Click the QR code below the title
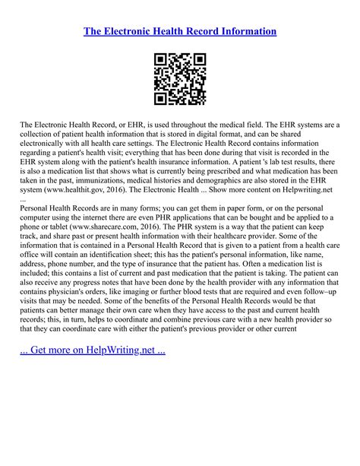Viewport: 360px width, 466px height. coord(180,78)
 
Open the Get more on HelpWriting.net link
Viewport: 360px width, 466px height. coord(93,350)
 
